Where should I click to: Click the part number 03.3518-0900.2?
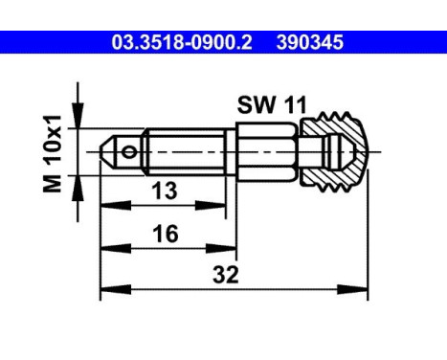click(182, 42)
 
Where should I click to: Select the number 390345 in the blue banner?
click(310, 42)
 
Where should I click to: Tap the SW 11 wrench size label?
click(272, 104)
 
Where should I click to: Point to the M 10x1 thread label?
click(52, 154)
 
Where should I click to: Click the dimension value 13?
click(164, 191)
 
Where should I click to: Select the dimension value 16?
click(166, 234)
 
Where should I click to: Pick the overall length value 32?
click(226, 275)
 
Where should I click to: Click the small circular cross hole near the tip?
click(129, 152)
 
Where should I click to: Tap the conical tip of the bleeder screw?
click(107, 152)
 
